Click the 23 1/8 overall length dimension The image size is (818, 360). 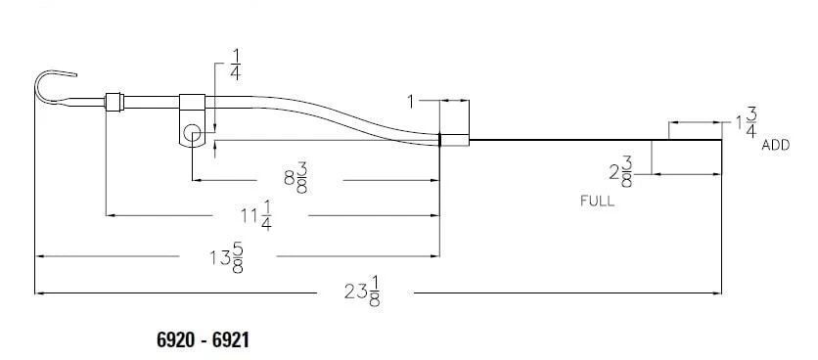click(363, 292)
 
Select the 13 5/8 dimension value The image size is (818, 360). click(226, 257)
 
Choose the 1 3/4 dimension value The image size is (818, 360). click(746, 123)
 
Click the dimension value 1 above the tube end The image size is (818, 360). click(413, 100)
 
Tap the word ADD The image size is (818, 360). click(776, 145)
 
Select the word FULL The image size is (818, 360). click(597, 202)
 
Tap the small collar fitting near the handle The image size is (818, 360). click(114, 99)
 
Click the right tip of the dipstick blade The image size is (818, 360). click(721, 140)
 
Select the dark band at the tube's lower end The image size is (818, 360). click(441, 140)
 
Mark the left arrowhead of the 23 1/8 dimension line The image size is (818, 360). click(39, 292)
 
